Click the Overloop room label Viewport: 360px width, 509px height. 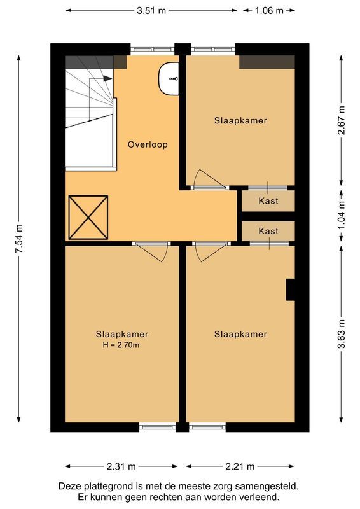(148, 144)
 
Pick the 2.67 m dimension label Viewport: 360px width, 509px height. (341, 120)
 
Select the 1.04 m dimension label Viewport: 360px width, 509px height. (341, 215)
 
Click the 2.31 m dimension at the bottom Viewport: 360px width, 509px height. (121, 466)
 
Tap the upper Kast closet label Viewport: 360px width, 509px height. (268, 201)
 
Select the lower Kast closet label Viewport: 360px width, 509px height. (268, 232)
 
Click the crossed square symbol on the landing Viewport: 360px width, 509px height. (88, 216)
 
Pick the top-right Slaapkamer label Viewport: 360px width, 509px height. (240, 120)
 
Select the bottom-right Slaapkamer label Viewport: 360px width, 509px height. (240, 334)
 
